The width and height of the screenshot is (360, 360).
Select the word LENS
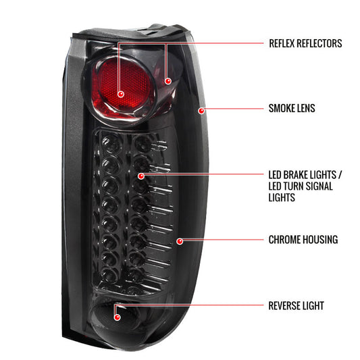point(306,107)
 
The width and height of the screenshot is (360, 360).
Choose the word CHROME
point(284,240)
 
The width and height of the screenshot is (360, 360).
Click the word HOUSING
point(320,240)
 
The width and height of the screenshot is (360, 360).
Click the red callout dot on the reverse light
point(117,314)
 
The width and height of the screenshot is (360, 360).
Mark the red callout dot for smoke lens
point(201,108)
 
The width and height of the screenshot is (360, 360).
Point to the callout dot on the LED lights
point(141,175)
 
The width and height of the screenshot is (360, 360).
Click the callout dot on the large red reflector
point(120,93)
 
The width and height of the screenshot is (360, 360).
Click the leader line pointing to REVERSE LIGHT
point(189,306)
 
